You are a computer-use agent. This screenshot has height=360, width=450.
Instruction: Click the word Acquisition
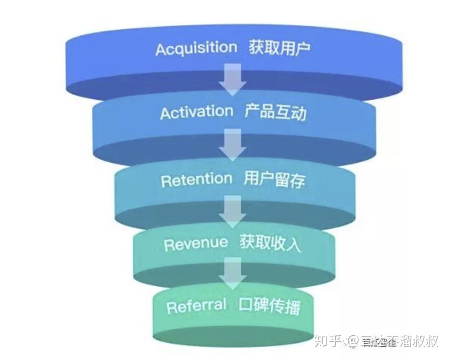point(196,49)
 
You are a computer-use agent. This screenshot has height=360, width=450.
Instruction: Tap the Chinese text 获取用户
point(279,48)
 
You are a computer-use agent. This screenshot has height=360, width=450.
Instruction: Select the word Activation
point(197,112)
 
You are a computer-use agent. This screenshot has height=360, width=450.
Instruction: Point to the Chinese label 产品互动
point(275,112)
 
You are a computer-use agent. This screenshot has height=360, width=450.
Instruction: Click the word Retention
point(197,180)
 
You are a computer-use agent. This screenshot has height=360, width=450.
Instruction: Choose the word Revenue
point(196,243)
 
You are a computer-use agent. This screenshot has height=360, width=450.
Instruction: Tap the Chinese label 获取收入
point(270,243)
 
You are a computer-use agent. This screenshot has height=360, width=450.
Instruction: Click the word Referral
point(197,306)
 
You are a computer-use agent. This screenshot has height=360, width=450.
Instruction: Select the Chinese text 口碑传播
point(270,306)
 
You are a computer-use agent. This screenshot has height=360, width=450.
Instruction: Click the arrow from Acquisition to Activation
point(233,78)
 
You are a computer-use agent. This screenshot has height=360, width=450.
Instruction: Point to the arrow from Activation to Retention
point(233,144)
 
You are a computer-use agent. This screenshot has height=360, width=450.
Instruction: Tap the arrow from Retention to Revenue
point(233,211)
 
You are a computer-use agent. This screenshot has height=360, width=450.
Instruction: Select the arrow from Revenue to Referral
point(233,273)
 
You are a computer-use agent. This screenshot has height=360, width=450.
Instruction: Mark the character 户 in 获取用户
point(303,49)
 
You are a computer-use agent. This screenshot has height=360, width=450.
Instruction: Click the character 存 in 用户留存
point(298,181)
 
